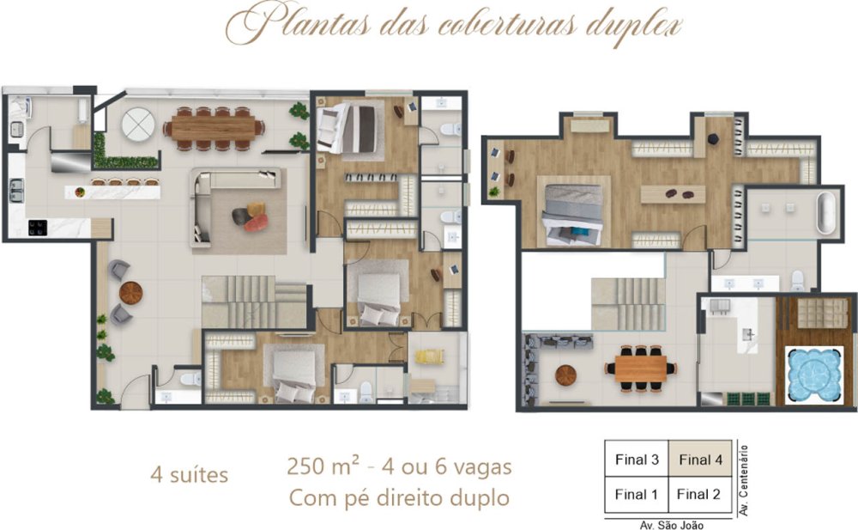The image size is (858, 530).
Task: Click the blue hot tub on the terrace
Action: (813, 375)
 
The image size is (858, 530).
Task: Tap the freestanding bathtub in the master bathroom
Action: (827, 213)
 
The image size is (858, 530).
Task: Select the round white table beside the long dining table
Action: (138, 124)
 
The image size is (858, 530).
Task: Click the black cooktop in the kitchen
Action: (38, 228)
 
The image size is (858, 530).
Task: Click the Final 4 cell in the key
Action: (700, 460)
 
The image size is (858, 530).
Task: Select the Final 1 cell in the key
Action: (637, 495)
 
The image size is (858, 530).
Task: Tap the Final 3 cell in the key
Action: (637, 460)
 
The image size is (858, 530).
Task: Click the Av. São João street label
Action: (672, 525)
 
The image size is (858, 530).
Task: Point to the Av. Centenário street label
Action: (744, 480)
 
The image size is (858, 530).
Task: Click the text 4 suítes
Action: (190, 475)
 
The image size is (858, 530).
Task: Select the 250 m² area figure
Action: (323, 466)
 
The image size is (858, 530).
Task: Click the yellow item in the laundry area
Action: (430, 357)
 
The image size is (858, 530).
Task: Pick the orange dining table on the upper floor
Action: (640, 369)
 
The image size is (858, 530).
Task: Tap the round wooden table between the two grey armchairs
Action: (130, 293)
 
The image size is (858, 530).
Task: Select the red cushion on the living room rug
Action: (256, 222)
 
